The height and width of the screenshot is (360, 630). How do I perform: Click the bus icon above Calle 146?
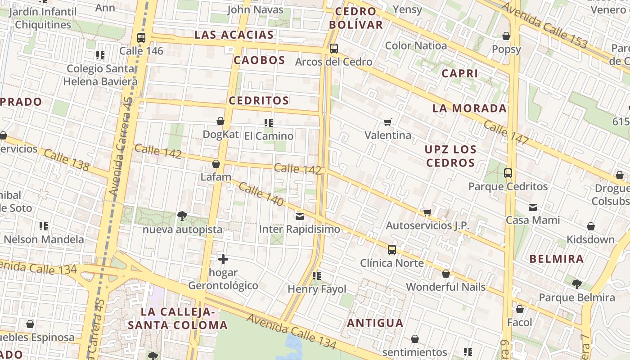coord(141,38)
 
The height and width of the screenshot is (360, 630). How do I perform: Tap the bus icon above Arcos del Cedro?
coord(333,49)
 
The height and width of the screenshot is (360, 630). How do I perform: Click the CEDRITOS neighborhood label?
coord(259,100)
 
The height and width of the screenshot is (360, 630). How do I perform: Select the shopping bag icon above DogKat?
coord(220,121)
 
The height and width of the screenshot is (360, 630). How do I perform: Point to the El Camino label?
coord(269,136)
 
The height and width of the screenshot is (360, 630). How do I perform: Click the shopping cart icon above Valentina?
coord(387,122)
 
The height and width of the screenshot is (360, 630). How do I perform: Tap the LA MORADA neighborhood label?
coord(469,108)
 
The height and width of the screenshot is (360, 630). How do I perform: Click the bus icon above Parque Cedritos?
coord(508,173)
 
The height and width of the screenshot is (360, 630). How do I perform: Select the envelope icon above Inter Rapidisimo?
coord(300,216)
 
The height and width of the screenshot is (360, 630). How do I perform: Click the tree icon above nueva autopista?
coord(182,216)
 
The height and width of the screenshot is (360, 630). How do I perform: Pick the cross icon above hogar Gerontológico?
coord(223,259)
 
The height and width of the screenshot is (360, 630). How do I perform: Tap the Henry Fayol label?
coord(317,289)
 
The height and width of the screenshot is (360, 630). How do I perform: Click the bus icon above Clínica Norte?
coord(392,250)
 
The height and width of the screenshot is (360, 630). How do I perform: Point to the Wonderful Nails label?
coord(445,287)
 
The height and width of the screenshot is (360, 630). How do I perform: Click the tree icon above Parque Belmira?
coord(576,284)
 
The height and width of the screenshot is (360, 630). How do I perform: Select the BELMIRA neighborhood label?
coord(556,259)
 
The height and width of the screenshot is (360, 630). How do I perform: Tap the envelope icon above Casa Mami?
coord(533,207)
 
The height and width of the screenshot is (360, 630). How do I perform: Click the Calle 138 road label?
coord(67,161)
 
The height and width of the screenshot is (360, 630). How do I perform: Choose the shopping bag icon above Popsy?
coord(506,36)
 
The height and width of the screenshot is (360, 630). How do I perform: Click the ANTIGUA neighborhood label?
coord(375,323)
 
